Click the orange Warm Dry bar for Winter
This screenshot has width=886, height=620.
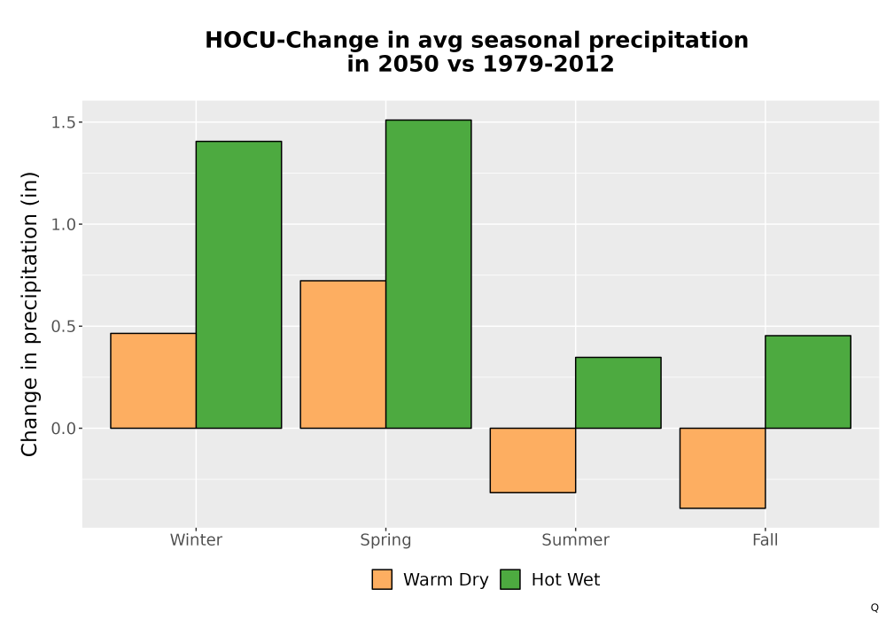(x=153, y=381)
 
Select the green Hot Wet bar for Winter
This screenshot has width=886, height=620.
(x=238, y=284)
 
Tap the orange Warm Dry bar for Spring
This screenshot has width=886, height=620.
(x=343, y=354)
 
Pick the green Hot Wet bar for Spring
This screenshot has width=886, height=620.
(x=428, y=274)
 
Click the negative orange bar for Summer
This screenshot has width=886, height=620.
(x=532, y=461)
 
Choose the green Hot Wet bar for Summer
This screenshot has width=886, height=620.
(x=618, y=392)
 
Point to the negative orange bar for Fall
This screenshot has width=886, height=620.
(x=723, y=469)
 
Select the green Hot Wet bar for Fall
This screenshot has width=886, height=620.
(x=808, y=382)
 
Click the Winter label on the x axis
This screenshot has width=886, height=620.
(x=196, y=539)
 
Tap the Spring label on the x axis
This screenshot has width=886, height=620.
(x=386, y=540)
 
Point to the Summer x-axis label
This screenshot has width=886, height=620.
(x=576, y=539)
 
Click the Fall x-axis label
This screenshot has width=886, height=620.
(x=766, y=539)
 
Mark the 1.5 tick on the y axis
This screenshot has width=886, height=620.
(x=63, y=122)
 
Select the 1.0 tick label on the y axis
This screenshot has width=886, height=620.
(x=63, y=225)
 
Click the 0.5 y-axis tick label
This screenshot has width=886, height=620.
(x=63, y=326)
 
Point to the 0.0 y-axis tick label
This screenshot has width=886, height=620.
(x=63, y=429)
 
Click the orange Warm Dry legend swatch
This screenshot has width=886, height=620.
(x=382, y=579)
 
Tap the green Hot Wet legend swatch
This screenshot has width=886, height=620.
(x=510, y=579)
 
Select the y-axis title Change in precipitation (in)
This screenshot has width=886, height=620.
(x=29, y=314)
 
